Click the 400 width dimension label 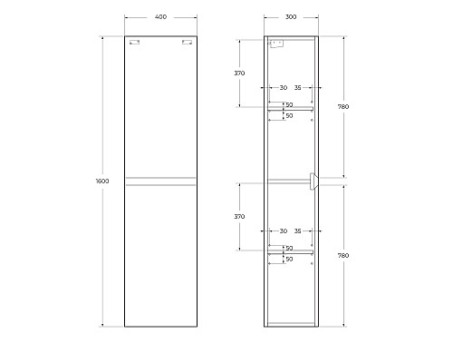159,17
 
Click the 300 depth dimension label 290,17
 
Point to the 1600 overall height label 102,181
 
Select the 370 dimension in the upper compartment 239,73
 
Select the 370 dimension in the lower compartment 239,217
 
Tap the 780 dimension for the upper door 343,107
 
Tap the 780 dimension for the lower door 343,255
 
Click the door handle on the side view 313,181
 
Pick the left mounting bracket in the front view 134,42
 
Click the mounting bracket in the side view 278,43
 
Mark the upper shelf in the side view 290,109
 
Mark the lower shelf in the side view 290,252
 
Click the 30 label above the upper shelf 283,88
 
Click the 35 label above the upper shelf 298,88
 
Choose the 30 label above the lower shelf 283,231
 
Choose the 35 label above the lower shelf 298,231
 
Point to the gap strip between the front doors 160,181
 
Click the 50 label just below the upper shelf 289,116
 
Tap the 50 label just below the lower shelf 289,260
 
